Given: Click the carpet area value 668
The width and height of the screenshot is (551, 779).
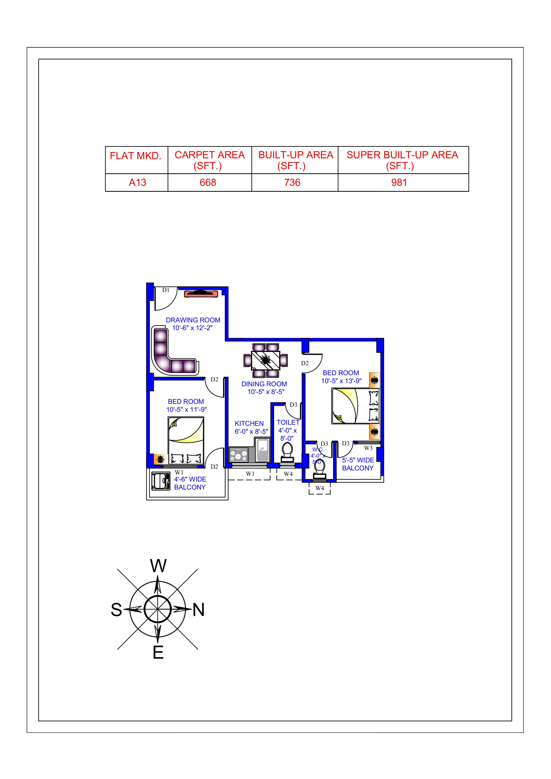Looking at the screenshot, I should (x=208, y=182).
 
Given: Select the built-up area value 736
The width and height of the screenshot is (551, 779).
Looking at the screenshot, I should (x=292, y=182).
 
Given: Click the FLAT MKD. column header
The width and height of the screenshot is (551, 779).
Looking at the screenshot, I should (x=136, y=156).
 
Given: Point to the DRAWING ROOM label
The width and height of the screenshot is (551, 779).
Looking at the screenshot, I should (x=193, y=320).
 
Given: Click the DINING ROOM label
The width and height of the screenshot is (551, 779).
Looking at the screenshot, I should (x=264, y=384).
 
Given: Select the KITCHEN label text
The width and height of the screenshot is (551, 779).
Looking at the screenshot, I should (x=249, y=423).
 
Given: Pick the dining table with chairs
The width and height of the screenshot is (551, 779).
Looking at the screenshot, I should (x=266, y=360).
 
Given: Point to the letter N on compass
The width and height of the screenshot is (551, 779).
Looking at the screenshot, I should (x=199, y=610).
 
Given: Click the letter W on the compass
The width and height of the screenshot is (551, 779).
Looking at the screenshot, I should (x=158, y=566).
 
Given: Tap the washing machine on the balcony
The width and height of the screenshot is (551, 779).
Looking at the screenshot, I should (x=161, y=481).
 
